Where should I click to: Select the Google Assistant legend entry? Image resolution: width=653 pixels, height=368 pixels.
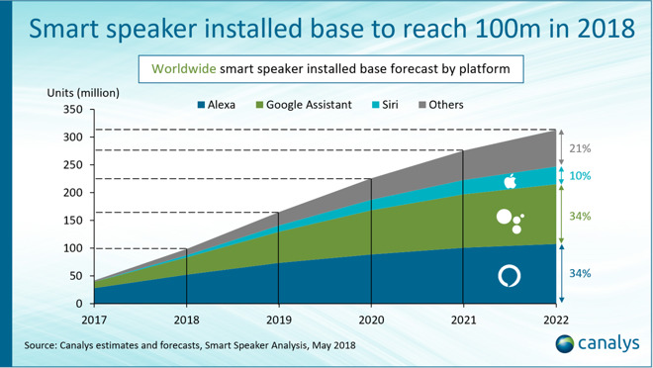click(303, 104)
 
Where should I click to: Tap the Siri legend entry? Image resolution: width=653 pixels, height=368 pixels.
click(384, 104)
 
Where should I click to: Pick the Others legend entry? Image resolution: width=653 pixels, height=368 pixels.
click(438, 104)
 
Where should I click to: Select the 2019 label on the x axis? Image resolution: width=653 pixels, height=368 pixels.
click(278, 318)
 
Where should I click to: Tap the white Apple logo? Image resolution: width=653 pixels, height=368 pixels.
click(511, 181)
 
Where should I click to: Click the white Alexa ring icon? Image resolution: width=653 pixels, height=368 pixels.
click(509, 275)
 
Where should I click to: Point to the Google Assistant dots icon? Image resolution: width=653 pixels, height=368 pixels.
click(509, 221)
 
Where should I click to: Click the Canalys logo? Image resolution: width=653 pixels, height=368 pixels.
click(592, 343)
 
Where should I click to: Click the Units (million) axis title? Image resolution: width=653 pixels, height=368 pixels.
click(83, 92)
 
